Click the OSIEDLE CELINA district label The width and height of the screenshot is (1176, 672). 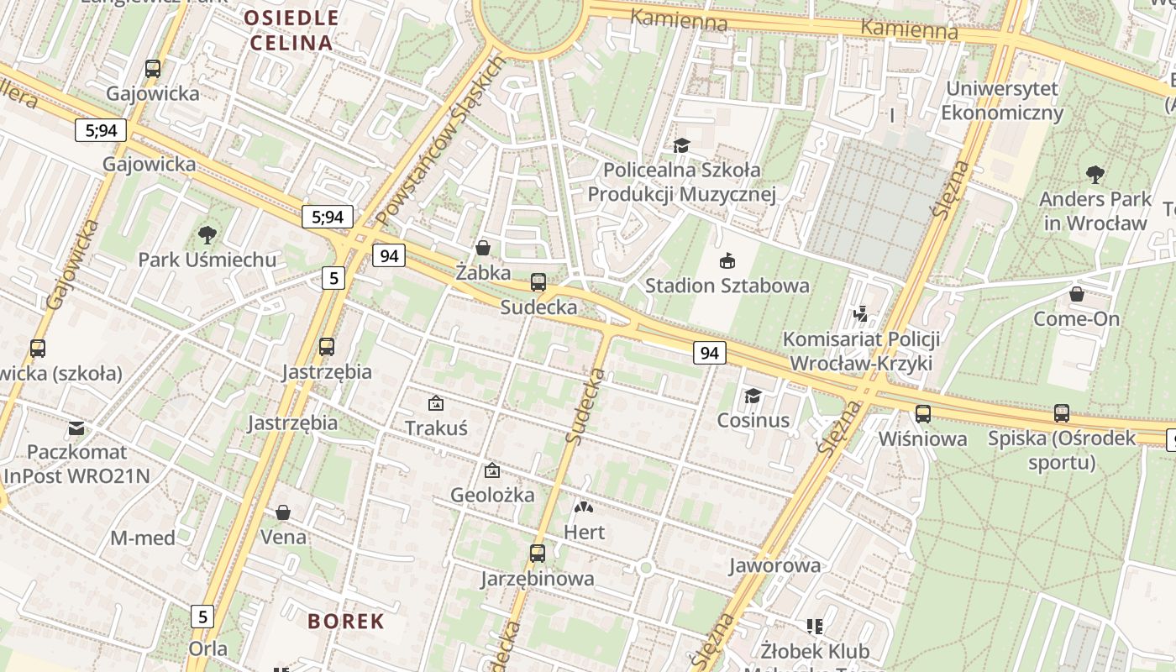tap(291, 30)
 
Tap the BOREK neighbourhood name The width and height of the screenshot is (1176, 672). tap(346, 622)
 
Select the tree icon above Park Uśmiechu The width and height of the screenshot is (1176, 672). tap(207, 235)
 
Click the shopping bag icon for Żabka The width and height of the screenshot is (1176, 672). tap(483, 248)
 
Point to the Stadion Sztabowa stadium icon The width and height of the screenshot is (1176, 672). tap(727, 261)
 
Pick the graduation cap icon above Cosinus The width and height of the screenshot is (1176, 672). tap(753, 396)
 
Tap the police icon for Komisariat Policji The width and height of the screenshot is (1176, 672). tap(859, 314)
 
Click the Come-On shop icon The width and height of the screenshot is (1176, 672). tap(1077, 294)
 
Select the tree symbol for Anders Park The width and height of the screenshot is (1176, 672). tap(1095, 175)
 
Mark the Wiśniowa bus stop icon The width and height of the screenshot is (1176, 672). tap(923, 413)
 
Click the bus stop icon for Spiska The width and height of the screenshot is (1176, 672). tap(1062, 413)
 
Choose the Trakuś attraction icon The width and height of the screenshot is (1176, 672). tap(436, 403)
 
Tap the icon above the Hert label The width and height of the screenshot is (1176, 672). tap(583, 507)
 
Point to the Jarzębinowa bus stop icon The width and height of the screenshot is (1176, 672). tap(538, 554)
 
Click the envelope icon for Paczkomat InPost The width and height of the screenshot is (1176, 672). tap(76, 428)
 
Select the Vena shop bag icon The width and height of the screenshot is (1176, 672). tap(284, 512)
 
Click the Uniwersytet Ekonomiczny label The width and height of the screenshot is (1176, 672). tap(1002, 100)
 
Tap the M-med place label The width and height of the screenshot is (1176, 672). tap(143, 538)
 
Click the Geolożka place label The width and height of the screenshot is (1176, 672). tap(492, 495)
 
